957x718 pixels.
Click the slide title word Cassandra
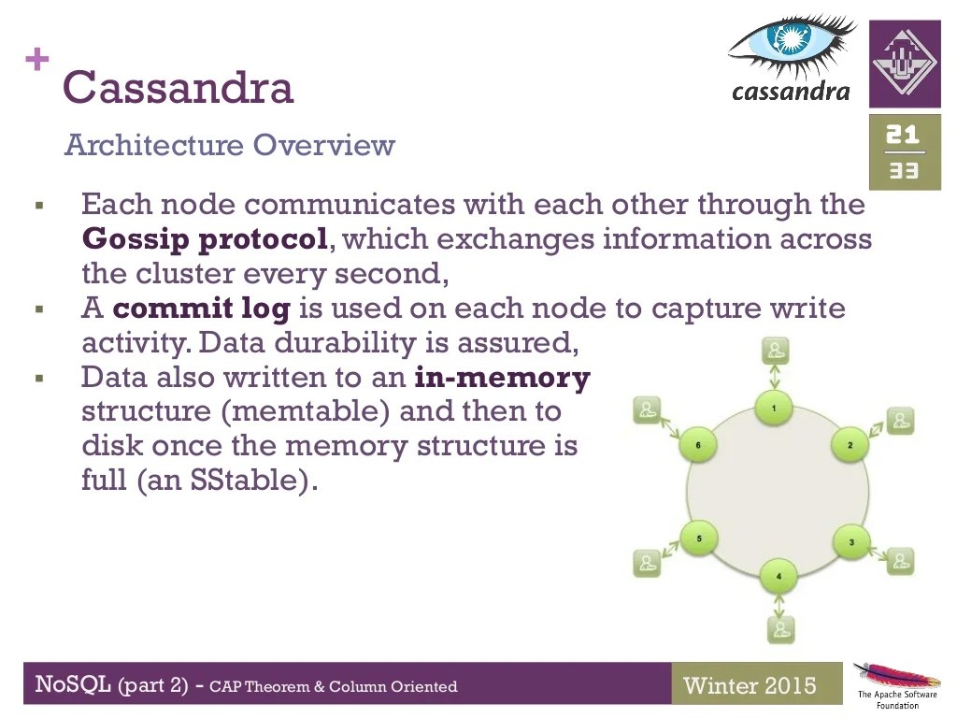(x=178, y=88)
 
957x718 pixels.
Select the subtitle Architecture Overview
(x=230, y=146)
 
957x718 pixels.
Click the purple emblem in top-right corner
(x=905, y=63)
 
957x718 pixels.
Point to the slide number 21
(x=904, y=135)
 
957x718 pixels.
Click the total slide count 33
(x=904, y=171)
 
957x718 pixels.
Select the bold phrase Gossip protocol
(x=205, y=239)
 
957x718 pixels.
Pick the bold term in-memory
(x=503, y=378)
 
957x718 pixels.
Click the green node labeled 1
(x=774, y=408)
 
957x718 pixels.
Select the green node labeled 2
(x=850, y=445)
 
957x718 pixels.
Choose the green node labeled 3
(x=850, y=542)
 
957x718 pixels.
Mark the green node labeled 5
(x=699, y=538)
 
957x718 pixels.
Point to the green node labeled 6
(x=698, y=445)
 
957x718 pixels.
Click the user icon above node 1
(x=776, y=352)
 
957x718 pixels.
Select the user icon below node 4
(x=780, y=628)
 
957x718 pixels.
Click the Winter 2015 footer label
(x=750, y=685)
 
